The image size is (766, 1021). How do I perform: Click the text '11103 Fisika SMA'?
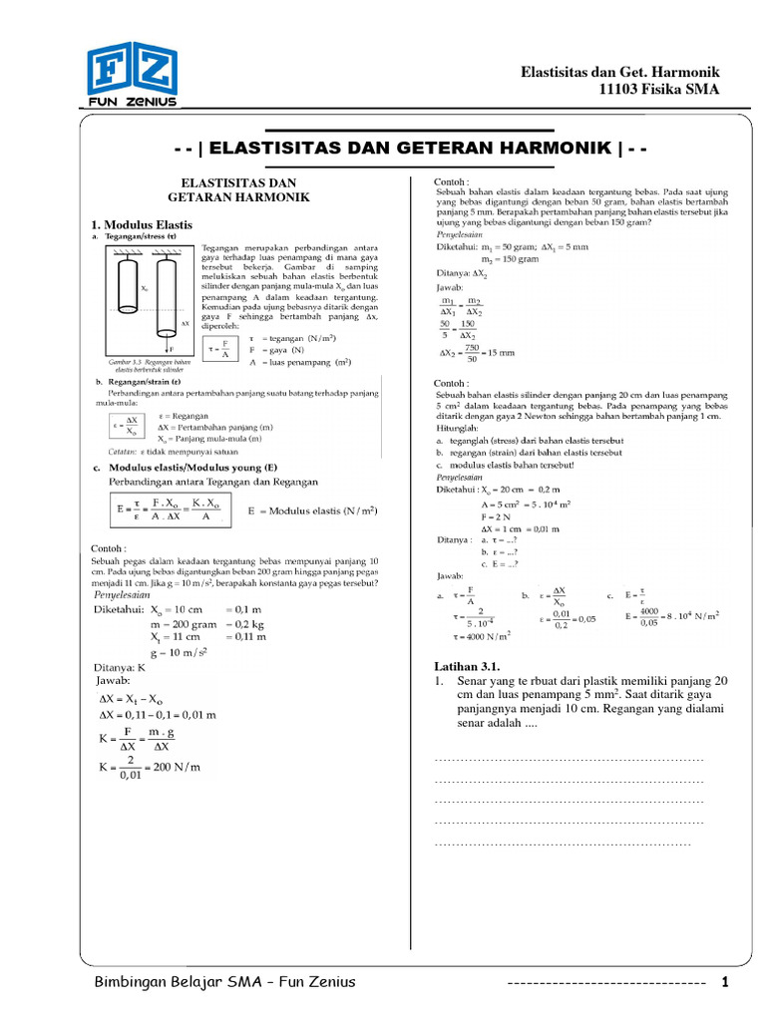point(657,91)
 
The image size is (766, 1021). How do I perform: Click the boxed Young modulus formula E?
point(171,511)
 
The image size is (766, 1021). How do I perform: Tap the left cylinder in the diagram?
point(128,298)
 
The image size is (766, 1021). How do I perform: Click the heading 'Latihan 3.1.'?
point(466,666)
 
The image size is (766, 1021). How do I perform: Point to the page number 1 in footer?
point(725,983)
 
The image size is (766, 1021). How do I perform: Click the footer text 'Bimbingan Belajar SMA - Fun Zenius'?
point(224,983)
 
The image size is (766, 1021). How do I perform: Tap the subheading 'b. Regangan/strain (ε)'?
point(137,383)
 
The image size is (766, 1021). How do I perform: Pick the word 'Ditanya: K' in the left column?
point(122,666)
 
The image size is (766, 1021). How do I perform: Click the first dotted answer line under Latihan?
point(570,760)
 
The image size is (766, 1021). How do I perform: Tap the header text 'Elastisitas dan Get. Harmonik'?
point(620,73)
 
